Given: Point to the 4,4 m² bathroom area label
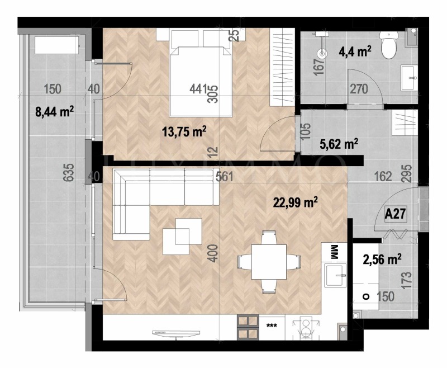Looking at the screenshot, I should [x=355, y=53].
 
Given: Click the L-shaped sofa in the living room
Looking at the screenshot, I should [x=156, y=199].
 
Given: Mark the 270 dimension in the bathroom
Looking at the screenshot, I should [x=359, y=89].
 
